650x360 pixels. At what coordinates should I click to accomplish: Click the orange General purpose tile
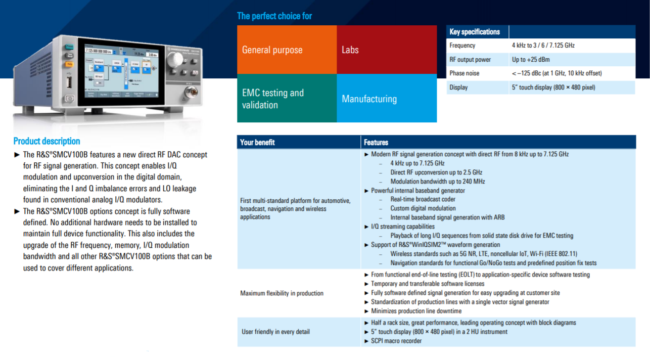click(287, 50)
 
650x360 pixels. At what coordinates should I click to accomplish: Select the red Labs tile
click(386, 50)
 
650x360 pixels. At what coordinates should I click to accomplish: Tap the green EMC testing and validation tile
click(287, 99)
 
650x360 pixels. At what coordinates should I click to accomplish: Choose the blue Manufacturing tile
click(386, 99)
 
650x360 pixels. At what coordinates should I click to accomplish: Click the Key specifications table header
click(475, 32)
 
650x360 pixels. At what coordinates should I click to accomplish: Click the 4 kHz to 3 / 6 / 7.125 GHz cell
click(543, 46)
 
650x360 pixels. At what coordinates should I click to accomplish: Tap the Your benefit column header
click(258, 143)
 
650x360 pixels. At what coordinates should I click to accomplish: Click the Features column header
click(376, 143)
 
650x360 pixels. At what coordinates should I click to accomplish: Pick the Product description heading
click(47, 141)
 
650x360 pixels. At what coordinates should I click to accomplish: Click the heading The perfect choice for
click(274, 16)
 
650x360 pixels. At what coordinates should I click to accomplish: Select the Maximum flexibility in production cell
click(282, 293)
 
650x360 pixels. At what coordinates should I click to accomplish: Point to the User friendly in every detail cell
click(275, 332)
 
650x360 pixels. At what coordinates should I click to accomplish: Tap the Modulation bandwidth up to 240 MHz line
click(438, 182)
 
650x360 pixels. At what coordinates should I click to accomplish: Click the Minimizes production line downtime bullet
click(416, 311)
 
